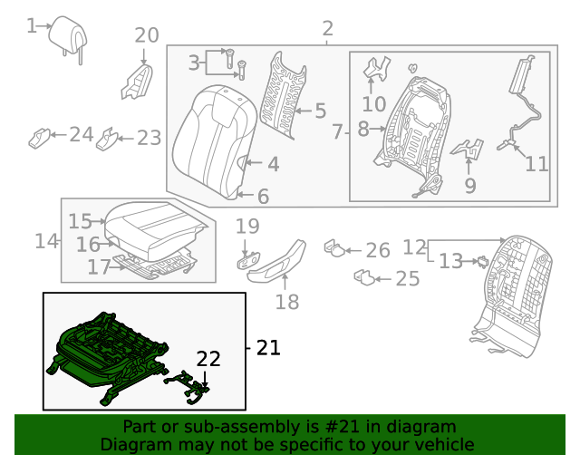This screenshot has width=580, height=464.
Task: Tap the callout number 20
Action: click(146, 36)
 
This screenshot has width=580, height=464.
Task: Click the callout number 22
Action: click(208, 359)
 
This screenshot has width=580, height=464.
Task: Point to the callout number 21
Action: click(268, 347)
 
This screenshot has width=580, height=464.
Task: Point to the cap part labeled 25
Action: click(365, 276)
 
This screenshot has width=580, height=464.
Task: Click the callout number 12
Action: click(414, 246)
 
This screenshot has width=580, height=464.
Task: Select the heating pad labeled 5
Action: click(281, 95)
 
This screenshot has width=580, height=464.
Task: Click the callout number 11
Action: click(536, 164)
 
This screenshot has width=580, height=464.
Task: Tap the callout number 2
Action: click(327, 29)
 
